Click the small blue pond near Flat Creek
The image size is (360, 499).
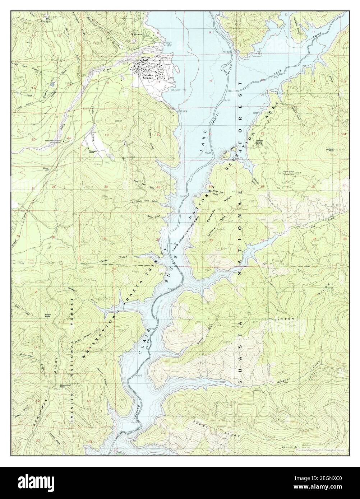click(x=53, y=84)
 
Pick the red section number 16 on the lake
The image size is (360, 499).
click(x=211, y=81)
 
